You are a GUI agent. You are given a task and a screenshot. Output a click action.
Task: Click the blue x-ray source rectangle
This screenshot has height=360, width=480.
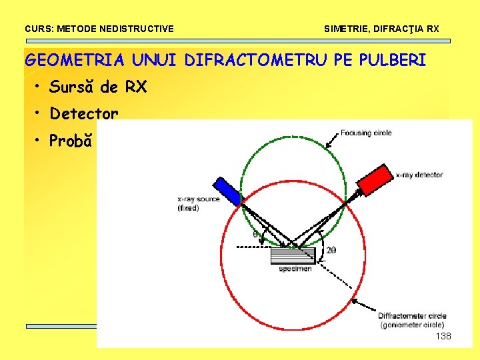227,190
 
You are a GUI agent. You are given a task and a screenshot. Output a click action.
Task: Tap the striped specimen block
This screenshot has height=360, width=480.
293,255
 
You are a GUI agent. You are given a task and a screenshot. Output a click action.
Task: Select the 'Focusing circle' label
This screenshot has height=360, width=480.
365,133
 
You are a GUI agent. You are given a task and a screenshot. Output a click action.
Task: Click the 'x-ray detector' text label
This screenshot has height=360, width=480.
419,175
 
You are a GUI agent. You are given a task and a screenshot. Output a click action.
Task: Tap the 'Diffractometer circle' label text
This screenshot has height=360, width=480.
412,315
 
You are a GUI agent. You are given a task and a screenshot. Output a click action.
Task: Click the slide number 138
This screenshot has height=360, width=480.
443,336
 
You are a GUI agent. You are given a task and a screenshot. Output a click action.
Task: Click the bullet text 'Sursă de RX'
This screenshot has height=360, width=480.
98,87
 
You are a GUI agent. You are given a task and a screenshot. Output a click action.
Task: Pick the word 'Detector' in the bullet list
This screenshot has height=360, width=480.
84,114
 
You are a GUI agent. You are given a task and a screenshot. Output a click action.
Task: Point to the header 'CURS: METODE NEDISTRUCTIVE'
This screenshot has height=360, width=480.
99,29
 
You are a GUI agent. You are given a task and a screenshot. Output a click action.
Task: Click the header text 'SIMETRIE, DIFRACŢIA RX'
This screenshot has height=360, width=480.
381,29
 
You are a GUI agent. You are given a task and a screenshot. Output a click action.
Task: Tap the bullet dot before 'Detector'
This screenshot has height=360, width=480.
40,113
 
